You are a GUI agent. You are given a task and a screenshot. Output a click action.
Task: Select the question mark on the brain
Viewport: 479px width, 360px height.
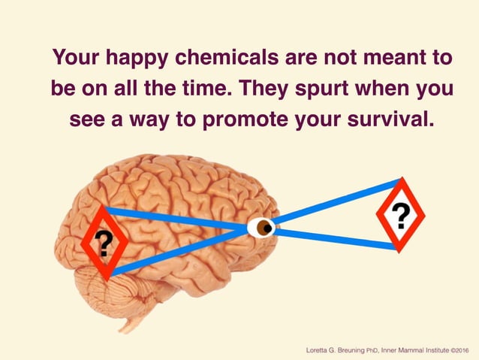(104, 242)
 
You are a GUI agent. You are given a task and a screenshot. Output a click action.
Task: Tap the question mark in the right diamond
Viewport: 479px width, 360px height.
(401, 216)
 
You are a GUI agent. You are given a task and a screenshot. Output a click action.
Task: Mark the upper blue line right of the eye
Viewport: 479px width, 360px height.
(330, 201)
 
